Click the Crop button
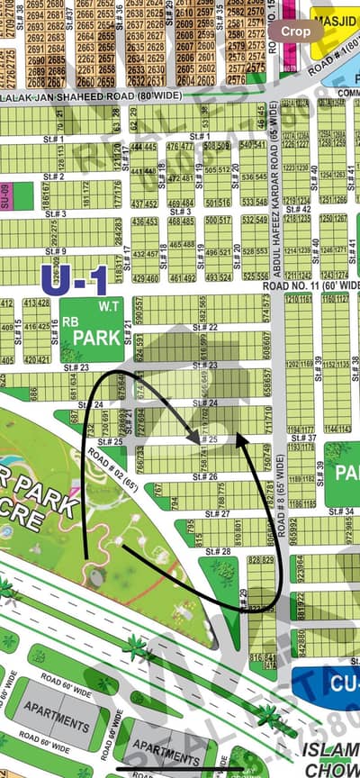coord(296,31)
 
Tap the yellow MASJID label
coord(335,22)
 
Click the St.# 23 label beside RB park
coord(76,367)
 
